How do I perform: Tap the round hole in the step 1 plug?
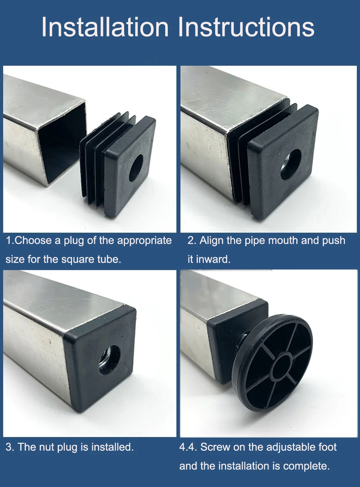[136, 168]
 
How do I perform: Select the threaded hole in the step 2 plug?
[291, 165]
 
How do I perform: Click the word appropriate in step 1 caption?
[144, 241]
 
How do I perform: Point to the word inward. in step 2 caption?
[213, 259]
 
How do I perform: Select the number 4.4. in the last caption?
[188, 447]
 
